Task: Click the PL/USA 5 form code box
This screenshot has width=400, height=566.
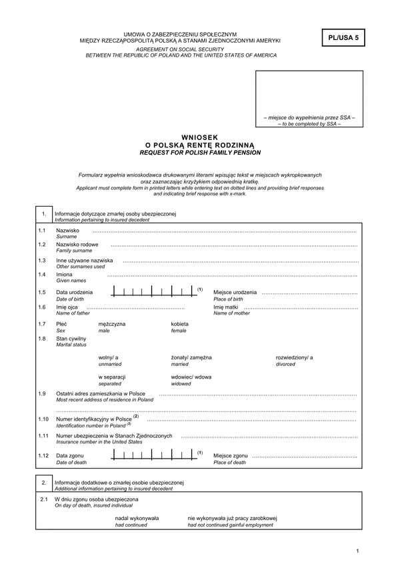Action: [x=343, y=39]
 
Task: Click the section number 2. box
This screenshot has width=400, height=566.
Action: [x=43, y=483]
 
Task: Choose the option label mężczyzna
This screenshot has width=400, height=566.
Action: [x=111, y=323]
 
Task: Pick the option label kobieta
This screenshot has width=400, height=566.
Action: [x=180, y=323]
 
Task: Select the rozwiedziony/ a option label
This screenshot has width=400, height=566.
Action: [x=294, y=357]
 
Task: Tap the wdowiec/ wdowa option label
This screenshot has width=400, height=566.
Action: [x=191, y=377]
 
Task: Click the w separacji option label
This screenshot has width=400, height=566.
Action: [x=113, y=377]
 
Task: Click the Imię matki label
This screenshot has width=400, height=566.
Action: [x=226, y=307]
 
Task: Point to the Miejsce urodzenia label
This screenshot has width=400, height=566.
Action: [x=235, y=292]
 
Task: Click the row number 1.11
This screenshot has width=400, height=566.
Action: [x=44, y=435]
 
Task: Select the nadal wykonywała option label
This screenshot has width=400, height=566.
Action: [x=137, y=517]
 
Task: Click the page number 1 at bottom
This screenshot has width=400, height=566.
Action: [x=358, y=551]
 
